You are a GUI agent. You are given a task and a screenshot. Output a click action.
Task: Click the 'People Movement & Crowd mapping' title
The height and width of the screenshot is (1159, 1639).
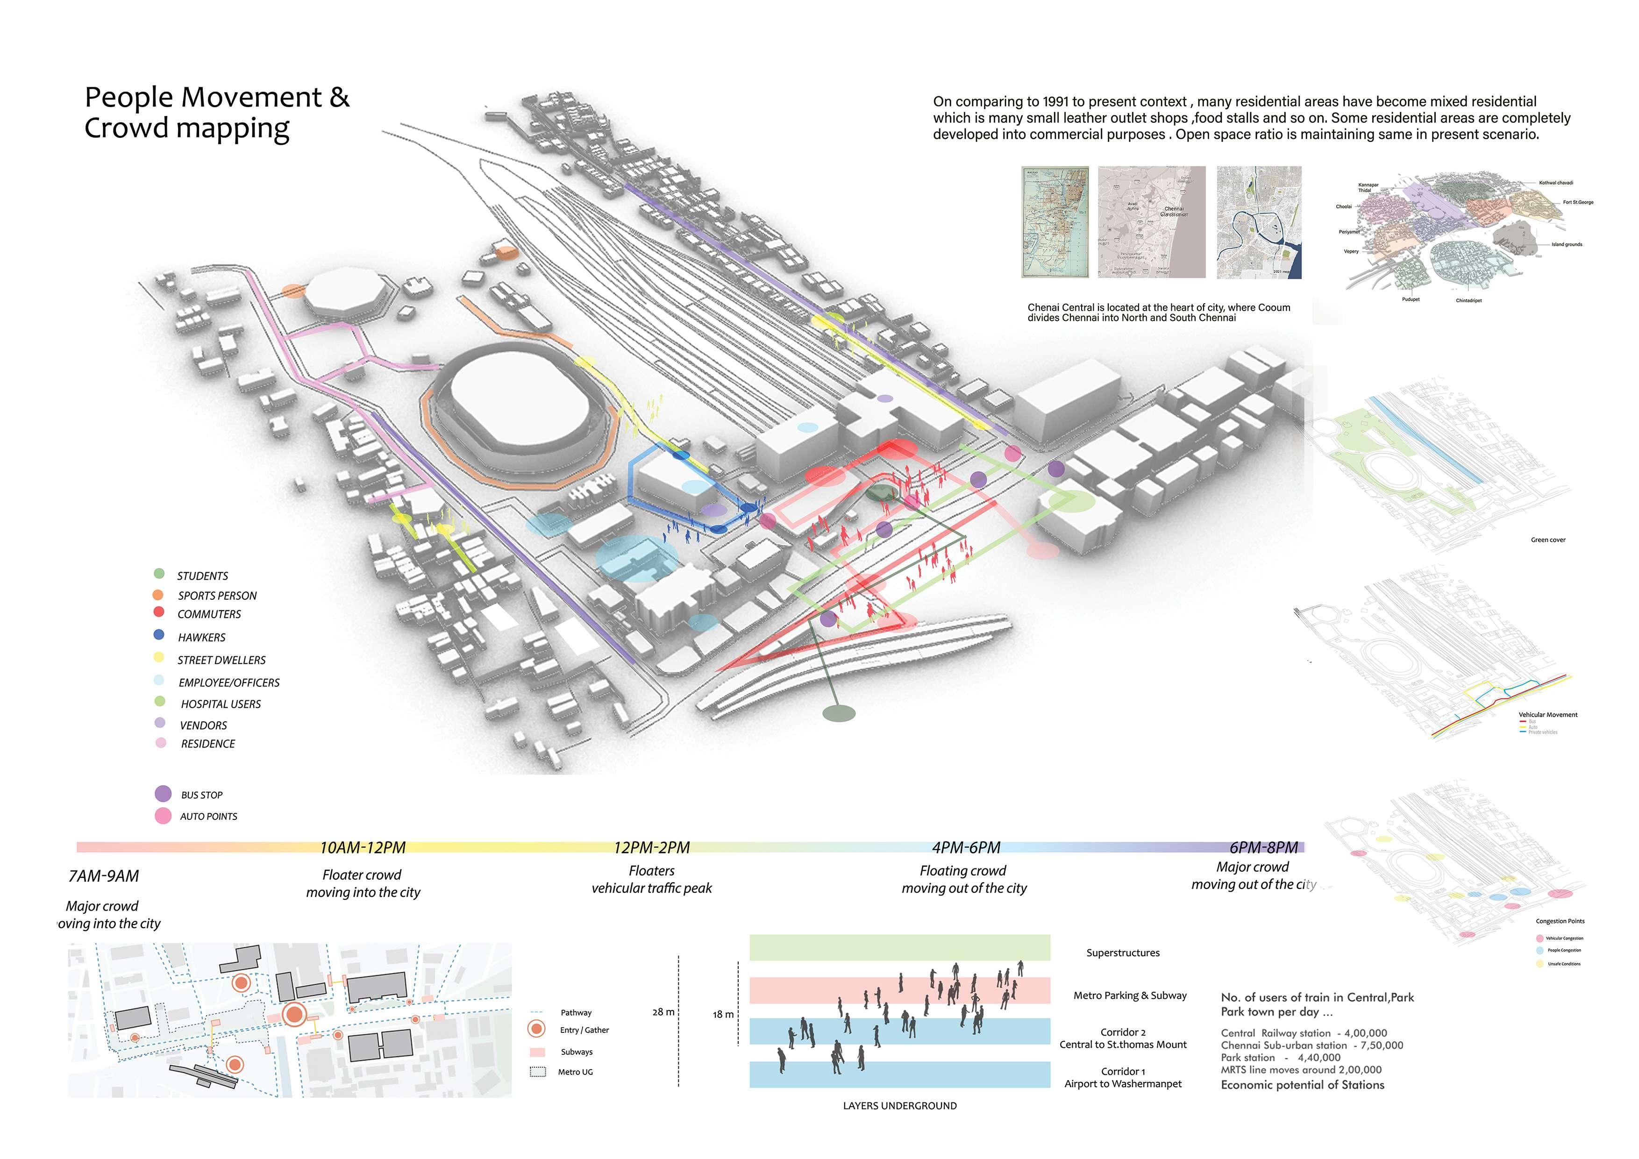click(216, 113)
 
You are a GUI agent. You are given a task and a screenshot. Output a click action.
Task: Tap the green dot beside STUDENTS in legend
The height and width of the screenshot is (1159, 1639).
click(159, 574)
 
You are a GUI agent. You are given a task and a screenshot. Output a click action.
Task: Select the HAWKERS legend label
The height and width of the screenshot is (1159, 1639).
click(201, 637)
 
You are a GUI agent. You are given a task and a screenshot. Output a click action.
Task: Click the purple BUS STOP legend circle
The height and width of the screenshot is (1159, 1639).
click(163, 794)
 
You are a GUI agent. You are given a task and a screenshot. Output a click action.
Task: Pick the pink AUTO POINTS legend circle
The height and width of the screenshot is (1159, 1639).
click(163, 816)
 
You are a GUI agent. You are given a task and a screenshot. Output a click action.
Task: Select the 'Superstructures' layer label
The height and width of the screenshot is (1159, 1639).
click(1122, 953)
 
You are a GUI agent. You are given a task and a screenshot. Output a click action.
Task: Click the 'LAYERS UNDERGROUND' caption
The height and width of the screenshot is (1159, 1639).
click(899, 1105)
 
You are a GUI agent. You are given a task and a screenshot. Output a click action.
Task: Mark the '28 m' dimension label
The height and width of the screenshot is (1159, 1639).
click(663, 1012)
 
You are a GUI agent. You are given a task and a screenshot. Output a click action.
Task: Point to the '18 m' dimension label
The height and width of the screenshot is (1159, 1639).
click(722, 1014)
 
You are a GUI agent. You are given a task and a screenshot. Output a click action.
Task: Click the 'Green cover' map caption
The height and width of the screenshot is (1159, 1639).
click(1547, 540)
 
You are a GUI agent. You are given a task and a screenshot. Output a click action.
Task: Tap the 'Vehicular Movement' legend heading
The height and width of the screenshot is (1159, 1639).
click(1547, 714)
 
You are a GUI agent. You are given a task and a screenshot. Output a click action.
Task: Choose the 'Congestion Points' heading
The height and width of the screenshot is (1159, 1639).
click(1560, 921)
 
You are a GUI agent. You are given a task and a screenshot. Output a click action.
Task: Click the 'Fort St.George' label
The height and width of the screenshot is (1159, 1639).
click(1578, 202)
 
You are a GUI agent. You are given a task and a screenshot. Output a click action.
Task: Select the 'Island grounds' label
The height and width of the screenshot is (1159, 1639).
click(1566, 244)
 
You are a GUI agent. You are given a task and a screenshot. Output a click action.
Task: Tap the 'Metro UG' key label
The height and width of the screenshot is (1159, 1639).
click(575, 1072)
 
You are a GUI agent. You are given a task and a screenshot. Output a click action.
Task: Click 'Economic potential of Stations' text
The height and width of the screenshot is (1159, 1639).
click(1302, 1085)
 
